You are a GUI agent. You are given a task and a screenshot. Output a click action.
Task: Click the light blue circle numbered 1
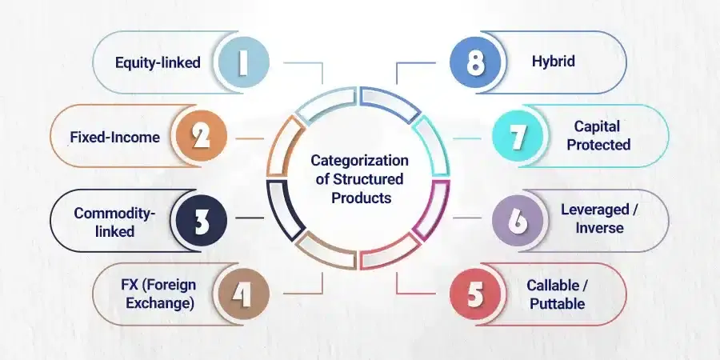(243, 62)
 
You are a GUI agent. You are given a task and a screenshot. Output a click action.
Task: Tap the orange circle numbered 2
(201, 136)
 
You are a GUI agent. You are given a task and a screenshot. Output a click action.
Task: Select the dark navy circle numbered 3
(201, 221)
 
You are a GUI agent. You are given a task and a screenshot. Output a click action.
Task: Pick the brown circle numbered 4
(243, 294)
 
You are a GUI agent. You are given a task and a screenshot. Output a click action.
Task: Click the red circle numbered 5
(475, 294)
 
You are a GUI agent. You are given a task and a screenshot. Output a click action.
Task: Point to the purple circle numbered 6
(518, 221)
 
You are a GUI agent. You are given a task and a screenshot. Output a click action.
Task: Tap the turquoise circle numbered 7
(518, 136)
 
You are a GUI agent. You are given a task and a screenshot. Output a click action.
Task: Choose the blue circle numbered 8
(475, 62)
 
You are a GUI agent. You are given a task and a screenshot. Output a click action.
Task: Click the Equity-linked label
(158, 62)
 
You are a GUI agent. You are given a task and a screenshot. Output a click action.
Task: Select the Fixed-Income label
(114, 137)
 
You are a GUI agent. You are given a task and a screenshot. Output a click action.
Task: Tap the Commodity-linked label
(114, 222)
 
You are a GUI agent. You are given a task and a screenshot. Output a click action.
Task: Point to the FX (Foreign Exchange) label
(158, 294)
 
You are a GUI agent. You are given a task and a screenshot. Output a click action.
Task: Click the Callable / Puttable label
(557, 294)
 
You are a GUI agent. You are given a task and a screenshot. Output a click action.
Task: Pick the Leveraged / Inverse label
(599, 218)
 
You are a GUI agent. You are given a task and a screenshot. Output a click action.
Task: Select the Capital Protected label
(598, 135)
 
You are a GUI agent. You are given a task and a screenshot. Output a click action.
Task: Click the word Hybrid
(554, 61)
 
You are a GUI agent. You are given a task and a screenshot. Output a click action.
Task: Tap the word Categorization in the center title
(359, 160)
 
